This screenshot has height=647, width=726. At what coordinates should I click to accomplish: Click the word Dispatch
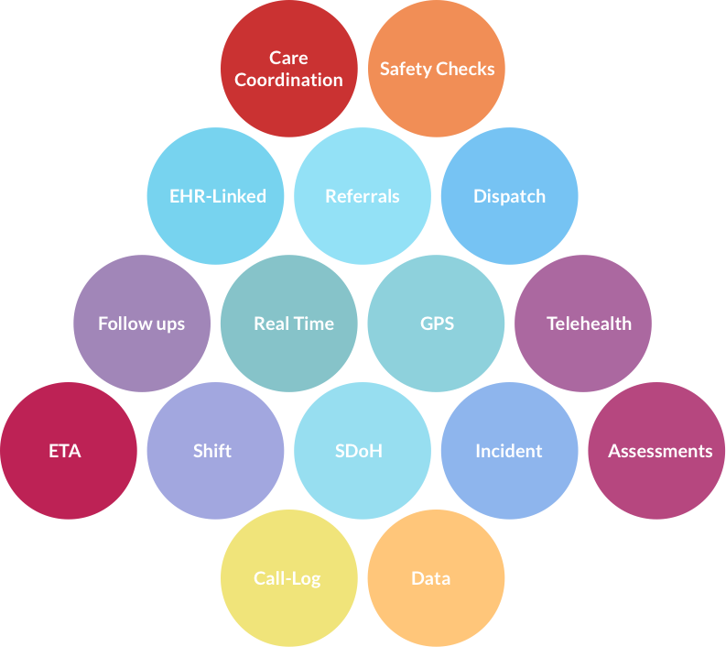(509, 196)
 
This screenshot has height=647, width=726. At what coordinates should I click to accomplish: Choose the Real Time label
(294, 323)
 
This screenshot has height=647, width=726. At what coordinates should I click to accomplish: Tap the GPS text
(437, 323)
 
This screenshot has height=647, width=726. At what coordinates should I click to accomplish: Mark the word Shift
(212, 451)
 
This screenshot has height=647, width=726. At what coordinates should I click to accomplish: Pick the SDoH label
(358, 451)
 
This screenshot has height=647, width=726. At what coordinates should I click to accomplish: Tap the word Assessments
(660, 451)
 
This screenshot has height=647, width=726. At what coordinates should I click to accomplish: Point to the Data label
(430, 578)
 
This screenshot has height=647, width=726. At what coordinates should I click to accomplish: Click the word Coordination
(288, 80)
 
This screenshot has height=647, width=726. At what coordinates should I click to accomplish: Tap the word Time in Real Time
(315, 323)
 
